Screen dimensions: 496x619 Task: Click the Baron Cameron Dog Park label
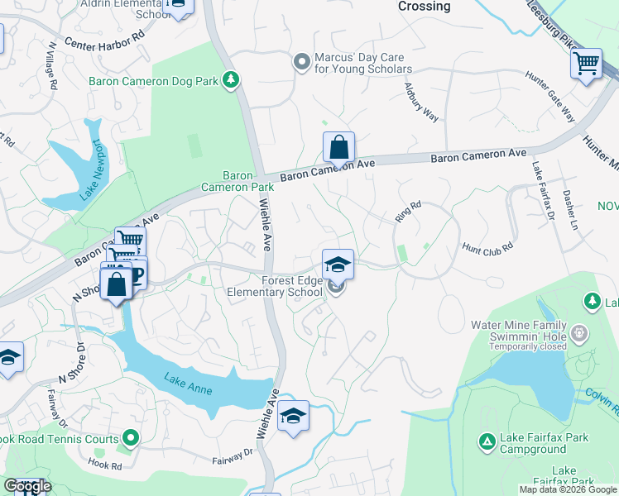tap(156, 80)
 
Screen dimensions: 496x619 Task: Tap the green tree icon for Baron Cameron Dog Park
tap(233, 80)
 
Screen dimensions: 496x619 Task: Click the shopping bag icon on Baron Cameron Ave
tap(338, 149)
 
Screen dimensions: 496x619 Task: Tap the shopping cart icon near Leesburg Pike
tap(586, 63)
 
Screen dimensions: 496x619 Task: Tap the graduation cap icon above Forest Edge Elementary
tap(338, 265)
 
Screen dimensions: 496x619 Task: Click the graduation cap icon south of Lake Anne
tap(292, 416)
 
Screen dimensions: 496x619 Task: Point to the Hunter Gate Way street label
tap(549, 97)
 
